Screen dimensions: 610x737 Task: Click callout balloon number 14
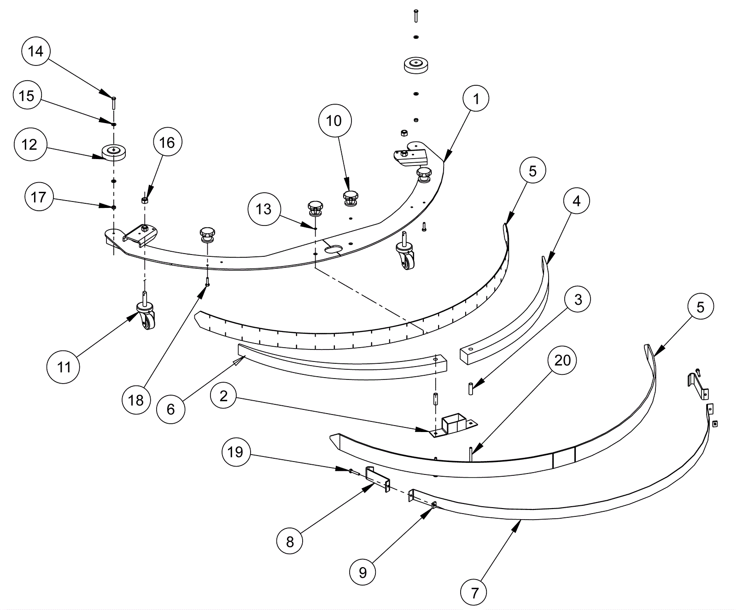36,51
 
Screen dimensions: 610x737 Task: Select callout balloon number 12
29,145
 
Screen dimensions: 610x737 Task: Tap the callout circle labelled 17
38,197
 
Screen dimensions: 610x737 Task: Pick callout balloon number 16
167,142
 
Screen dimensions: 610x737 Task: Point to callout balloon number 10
334,121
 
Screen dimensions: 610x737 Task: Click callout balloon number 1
476,99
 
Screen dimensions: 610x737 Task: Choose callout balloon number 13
263,209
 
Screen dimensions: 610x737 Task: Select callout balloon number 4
577,201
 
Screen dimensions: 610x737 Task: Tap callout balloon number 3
579,300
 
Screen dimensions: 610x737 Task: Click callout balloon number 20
562,361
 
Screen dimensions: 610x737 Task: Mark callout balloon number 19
235,452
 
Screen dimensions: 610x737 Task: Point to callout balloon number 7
475,593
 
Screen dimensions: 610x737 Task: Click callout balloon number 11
64,367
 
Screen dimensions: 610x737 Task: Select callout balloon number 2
224,396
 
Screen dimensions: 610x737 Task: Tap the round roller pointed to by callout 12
114,152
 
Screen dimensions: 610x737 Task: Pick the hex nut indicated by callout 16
144,200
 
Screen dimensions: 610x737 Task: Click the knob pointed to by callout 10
351,197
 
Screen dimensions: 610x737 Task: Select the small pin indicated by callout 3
471,388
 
